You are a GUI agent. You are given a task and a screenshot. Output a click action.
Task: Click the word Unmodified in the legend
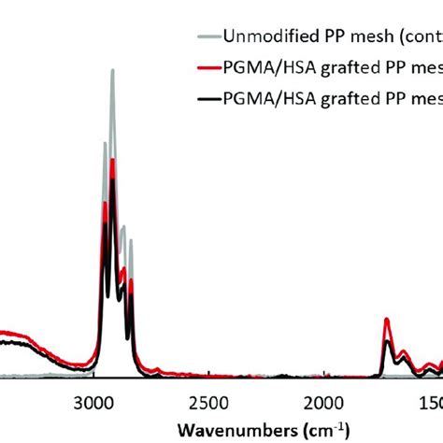point(263,38)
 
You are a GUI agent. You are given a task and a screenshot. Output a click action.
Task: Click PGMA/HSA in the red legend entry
point(262,67)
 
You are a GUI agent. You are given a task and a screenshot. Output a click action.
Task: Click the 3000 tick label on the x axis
point(93,402)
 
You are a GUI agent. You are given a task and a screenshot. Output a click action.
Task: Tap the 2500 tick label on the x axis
point(207,402)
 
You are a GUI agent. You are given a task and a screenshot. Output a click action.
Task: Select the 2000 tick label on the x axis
point(322,402)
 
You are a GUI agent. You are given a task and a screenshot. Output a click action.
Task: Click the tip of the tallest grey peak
point(113,70)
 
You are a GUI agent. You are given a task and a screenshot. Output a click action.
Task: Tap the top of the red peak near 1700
point(387,320)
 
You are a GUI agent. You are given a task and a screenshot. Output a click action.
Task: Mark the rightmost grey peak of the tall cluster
point(131,240)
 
